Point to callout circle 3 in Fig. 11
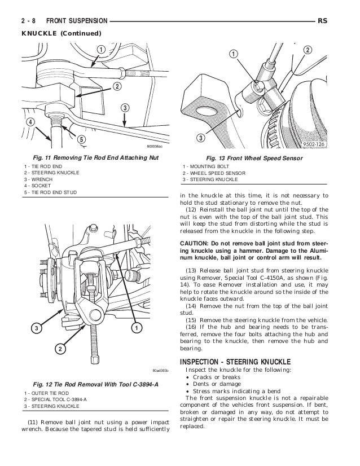[x=124, y=108]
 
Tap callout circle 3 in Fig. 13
[x=200, y=139]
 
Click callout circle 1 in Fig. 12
[x=136, y=328]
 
